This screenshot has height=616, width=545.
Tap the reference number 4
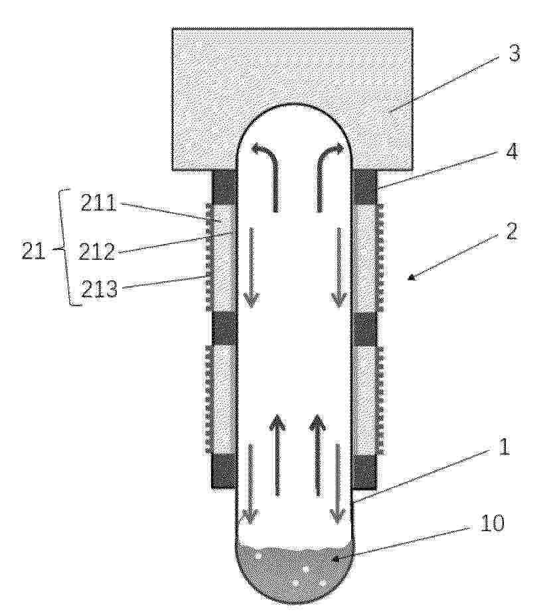(510, 151)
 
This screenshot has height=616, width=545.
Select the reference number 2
(510, 231)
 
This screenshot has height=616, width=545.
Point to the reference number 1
(504, 447)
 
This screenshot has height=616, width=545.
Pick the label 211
(99, 203)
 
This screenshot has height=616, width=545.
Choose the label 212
(97, 252)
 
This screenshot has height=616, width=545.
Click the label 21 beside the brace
(33, 251)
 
